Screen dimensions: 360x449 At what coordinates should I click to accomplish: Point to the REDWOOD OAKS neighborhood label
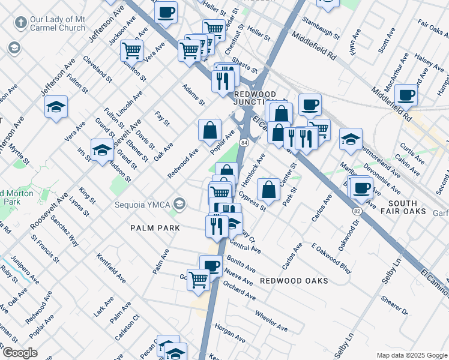[x=294, y=281]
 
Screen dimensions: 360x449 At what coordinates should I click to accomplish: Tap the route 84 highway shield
[x=244, y=142]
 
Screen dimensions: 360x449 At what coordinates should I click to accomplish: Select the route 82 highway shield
[x=357, y=212]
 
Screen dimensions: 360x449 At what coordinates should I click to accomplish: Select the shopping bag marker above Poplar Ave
[x=209, y=130]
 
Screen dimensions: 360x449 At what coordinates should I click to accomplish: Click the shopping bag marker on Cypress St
[x=269, y=190]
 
